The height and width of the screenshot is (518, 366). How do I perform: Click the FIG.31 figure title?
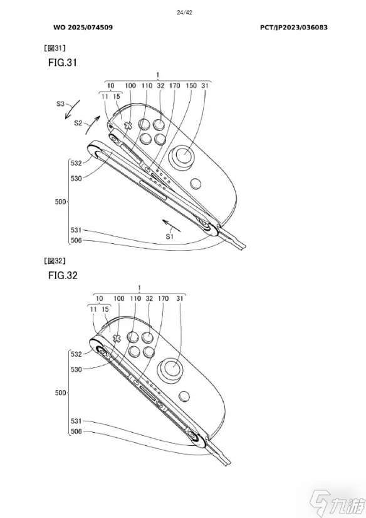click(x=63, y=63)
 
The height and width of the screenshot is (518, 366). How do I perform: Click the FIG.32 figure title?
click(x=63, y=275)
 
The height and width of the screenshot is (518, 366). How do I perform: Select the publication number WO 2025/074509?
click(x=83, y=28)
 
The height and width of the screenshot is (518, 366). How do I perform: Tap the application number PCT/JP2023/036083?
click(x=294, y=28)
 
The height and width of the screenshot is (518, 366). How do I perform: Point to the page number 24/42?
click(x=184, y=13)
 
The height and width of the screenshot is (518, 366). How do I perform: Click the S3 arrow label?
click(x=60, y=103)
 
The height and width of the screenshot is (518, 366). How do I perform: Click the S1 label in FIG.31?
click(x=170, y=236)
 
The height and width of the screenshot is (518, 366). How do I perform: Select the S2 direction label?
click(x=78, y=123)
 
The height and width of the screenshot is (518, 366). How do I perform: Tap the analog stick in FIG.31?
click(x=182, y=156)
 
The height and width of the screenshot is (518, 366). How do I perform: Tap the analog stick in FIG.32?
click(x=172, y=369)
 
